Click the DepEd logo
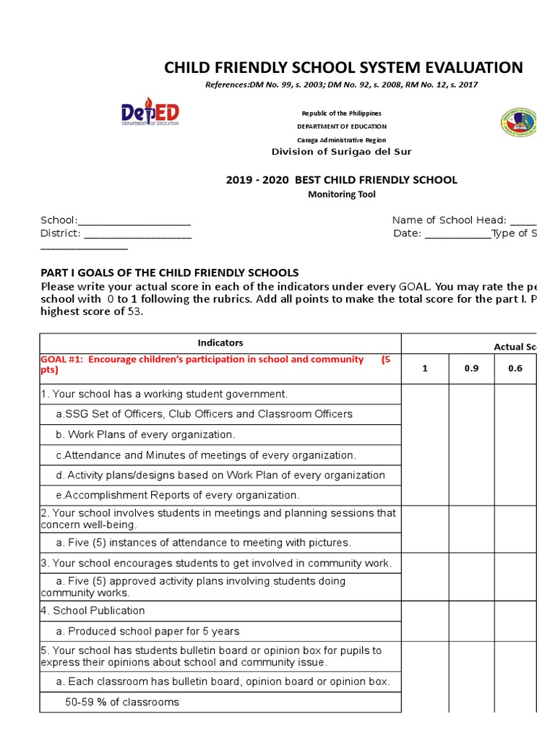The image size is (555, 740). click(x=150, y=114)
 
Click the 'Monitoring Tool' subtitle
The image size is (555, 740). click(x=342, y=194)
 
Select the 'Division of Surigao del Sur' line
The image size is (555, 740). click(x=341, y=152)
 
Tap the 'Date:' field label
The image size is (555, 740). click(x=407, y=233)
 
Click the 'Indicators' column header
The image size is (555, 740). click(x=220, y=343)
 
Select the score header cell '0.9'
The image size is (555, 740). click(x=471, y=369)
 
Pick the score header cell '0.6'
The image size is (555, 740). click(x=515, y=369)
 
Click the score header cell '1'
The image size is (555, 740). click(x=425, y=369)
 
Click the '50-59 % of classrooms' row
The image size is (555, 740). click(x=122, y=702)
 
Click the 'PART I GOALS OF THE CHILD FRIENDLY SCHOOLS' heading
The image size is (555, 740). click(x=169, y=272)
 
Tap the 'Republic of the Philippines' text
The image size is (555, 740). click(x=341, y=113)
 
